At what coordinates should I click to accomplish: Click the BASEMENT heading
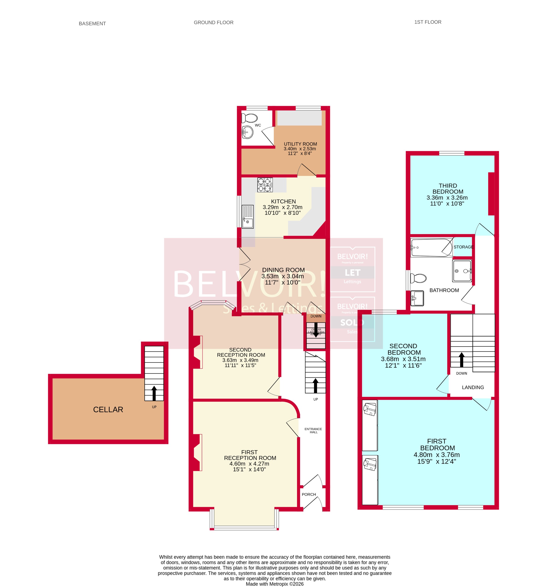[92, 24]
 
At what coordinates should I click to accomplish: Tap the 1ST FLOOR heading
[427, 22]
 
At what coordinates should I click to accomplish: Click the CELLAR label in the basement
[108, 410]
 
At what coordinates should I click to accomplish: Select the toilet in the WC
[249, 118]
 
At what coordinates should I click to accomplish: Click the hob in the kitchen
[265, 185]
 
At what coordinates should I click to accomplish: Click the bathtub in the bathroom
[431, 247]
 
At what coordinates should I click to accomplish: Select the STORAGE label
[463, 247]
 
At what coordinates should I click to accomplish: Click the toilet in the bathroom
[418, 278]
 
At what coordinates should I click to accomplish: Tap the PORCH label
[308, 494]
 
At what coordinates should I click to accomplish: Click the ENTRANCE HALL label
[313, 430]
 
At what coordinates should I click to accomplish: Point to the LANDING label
[473, 387]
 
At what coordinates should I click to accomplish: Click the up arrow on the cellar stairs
[154, 393]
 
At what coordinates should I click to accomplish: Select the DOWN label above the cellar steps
[316, 316]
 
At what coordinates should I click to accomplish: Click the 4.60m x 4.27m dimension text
[249, 464]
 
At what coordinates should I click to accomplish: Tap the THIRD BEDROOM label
[447, 188]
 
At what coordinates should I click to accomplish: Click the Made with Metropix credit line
[274, 584]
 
